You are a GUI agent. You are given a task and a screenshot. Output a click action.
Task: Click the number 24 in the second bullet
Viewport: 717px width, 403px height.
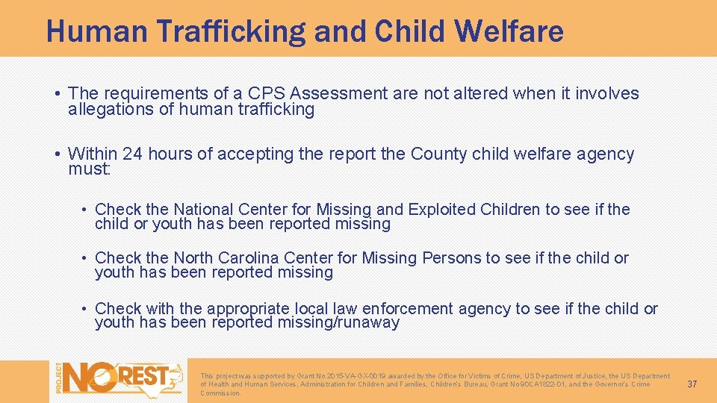pyautogui.click(x=132, y=154)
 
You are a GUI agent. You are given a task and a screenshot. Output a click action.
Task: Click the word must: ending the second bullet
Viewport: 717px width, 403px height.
pyautogui.click(x=89, y=169)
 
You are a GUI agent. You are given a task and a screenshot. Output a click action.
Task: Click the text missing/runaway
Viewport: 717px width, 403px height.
pyautogui.click(x=338, y=323)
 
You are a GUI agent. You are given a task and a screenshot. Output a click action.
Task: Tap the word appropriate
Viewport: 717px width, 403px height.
pyautogui.click(x=249, y=309)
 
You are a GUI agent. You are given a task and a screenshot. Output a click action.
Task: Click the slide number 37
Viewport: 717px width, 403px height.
pyautogui.click(x=692, y=384)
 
